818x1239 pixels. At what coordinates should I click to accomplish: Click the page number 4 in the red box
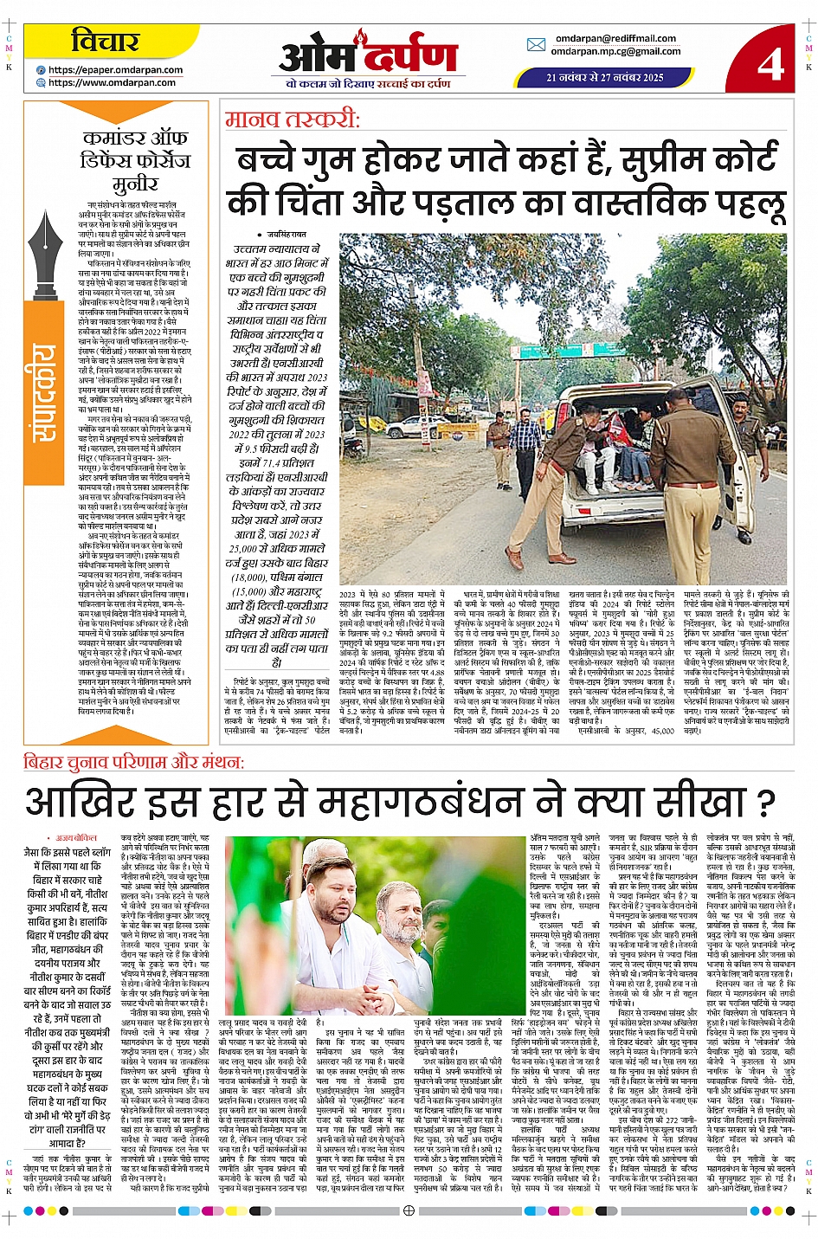coord(770,62)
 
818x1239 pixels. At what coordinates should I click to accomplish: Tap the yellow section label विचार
coord(106,41)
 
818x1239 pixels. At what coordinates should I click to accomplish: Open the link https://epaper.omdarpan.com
coord(115,70)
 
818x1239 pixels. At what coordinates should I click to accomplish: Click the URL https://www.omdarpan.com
coord(112,83)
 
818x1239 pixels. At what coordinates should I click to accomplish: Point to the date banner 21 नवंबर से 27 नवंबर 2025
coord(605,77)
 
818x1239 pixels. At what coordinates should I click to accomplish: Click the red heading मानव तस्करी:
coord(292,119)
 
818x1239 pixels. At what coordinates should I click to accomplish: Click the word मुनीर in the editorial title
coord(135,183)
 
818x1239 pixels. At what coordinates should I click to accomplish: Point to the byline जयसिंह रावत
coord(286,235)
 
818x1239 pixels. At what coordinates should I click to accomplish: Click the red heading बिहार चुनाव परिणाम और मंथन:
coord(134,762)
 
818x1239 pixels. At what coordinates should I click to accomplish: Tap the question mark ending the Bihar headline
coord(764,803)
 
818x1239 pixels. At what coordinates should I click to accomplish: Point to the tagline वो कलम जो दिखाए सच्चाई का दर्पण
coord(368,84)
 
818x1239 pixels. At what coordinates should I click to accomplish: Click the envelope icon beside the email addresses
coord(536,44)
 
